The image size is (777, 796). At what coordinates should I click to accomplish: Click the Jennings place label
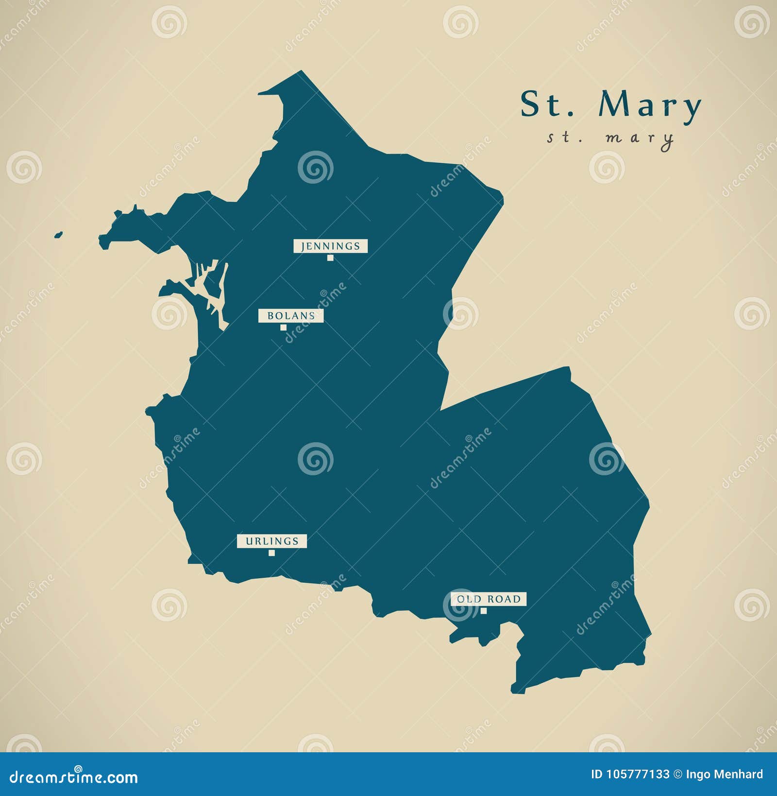click(x=330, y=246)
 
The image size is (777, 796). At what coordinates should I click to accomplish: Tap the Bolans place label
click(x=291, y=316)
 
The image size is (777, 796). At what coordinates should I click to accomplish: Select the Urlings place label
click(x=271, y=541)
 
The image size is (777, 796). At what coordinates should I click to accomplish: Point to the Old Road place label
click(x=489, y=599)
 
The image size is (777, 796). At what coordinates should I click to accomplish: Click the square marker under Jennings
click(x=330, y=258)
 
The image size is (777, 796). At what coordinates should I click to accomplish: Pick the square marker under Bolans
click(x=283, y=328)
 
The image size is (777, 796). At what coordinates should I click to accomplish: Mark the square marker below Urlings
click(x=271, y=553)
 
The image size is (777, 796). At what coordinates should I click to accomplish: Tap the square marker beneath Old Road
click(x=484, y=611)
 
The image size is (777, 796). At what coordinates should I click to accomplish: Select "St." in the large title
click(x=547, y=104)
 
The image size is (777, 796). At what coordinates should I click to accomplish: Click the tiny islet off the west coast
click(x=58, y=235)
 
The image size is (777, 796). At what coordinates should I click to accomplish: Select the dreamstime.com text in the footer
click(x=74, y=776)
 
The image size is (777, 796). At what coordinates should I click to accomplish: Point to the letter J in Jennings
click(x=303, y=246)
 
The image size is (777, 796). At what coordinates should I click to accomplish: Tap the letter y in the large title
click(x=691, y=108)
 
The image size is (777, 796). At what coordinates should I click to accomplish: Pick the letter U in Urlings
click(x=249, y=541)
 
